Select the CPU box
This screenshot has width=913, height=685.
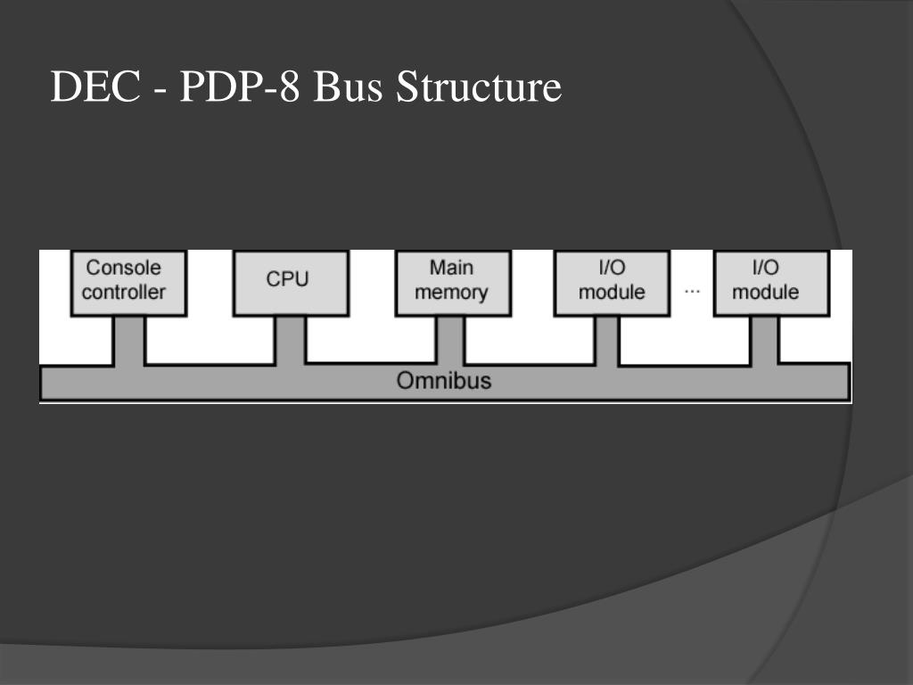(x=287, y=282)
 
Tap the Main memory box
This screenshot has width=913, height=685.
(x=451, y=282)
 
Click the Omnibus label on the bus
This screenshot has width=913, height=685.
(x=443, y=381)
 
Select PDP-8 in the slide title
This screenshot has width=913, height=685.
(x=240, y=88)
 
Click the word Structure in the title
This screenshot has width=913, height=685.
(x=479, y=88)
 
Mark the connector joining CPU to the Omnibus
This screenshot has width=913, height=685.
(x=289, y=339)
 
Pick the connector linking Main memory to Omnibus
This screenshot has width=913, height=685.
(x=450, y=339)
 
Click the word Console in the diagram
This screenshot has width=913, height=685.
(x=124, y=268)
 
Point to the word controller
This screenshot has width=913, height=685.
(x=124, y=293)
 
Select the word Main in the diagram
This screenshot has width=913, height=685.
(x=451, y=268)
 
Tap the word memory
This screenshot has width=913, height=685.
(x=451, y=293)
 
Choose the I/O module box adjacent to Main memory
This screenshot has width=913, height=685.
(x=612, y=282)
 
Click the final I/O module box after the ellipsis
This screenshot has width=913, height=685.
(x=771, y=282)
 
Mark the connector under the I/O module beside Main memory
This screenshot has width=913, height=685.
(x=607, y=339)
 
